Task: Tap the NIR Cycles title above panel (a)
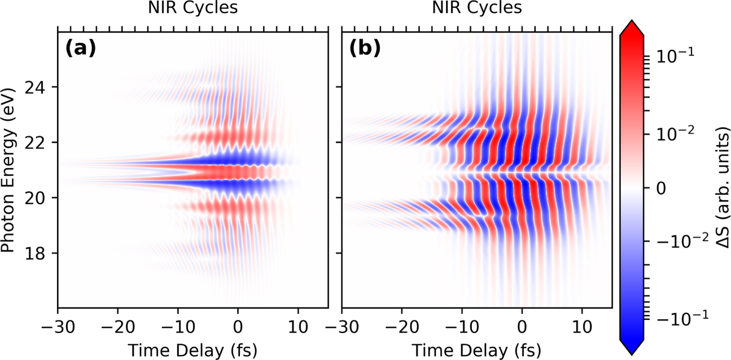(x=192, y=8)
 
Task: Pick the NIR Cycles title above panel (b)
(x=477, y=8)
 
